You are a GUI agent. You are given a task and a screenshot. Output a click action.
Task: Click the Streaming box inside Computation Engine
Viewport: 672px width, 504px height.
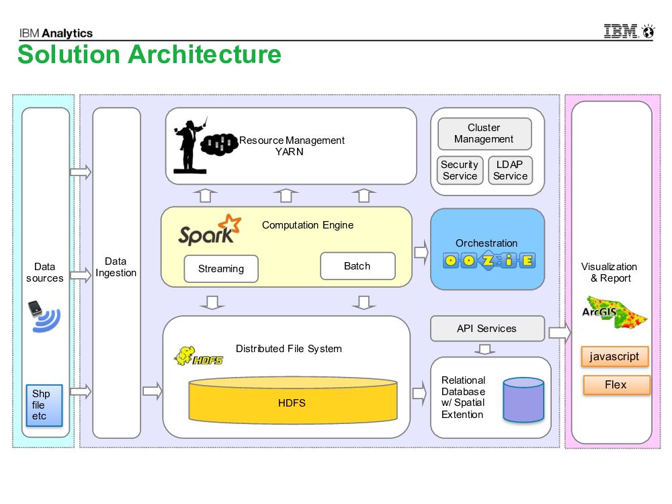221,269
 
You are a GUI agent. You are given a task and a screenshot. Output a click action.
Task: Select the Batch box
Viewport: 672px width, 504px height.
358,266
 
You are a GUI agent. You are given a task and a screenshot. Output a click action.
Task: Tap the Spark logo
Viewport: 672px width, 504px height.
209,230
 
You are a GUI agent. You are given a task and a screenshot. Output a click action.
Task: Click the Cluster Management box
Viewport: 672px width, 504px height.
484,134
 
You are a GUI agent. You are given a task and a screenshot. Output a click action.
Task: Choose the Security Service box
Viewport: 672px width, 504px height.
460,170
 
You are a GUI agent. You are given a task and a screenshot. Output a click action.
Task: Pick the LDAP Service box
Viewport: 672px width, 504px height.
510,170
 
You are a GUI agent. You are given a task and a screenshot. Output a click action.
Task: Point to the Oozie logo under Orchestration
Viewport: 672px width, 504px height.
489,260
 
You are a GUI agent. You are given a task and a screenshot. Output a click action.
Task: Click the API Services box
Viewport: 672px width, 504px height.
487,329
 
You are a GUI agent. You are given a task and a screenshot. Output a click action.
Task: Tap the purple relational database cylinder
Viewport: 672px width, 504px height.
523,399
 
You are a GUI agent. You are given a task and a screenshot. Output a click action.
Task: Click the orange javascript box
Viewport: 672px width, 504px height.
614,357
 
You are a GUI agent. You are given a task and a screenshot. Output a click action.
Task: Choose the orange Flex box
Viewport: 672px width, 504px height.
616,385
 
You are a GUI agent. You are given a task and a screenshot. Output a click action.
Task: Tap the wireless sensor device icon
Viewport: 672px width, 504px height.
44,317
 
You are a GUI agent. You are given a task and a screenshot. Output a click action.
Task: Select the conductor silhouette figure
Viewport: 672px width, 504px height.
190,145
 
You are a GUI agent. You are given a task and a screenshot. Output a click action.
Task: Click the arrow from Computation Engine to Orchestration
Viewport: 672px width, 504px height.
421,252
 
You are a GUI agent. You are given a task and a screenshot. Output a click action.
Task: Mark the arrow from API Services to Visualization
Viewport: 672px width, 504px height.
559,332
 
